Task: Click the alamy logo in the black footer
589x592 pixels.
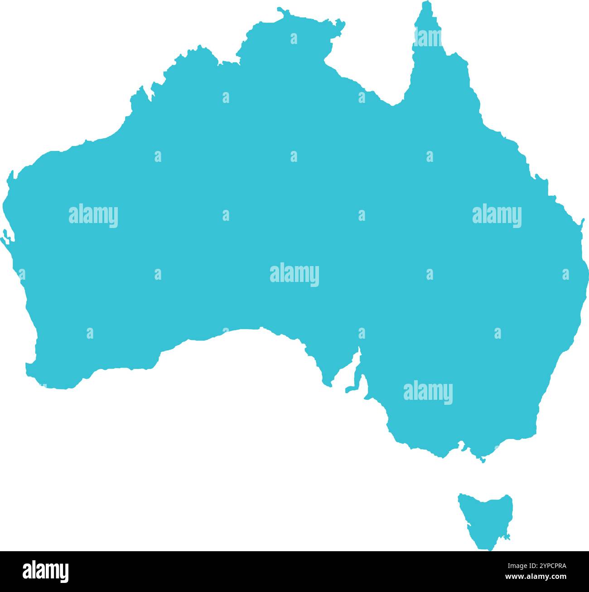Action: pyautogui.click(x=46, y=571)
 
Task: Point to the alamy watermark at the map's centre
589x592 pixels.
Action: pyautogui.click(x=294, y=274)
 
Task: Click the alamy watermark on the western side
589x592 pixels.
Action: pyautogui.click(x=93, y=215)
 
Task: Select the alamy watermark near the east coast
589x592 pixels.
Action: pyautogui.click(x=497, y=215)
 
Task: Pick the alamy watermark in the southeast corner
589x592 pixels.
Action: pyautogui.click(x=428, y=392)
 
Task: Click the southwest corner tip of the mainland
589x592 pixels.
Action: pyautogui.click(x=28, y=365)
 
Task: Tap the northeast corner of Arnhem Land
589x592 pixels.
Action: pyautogui.click(x=342, y=23)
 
